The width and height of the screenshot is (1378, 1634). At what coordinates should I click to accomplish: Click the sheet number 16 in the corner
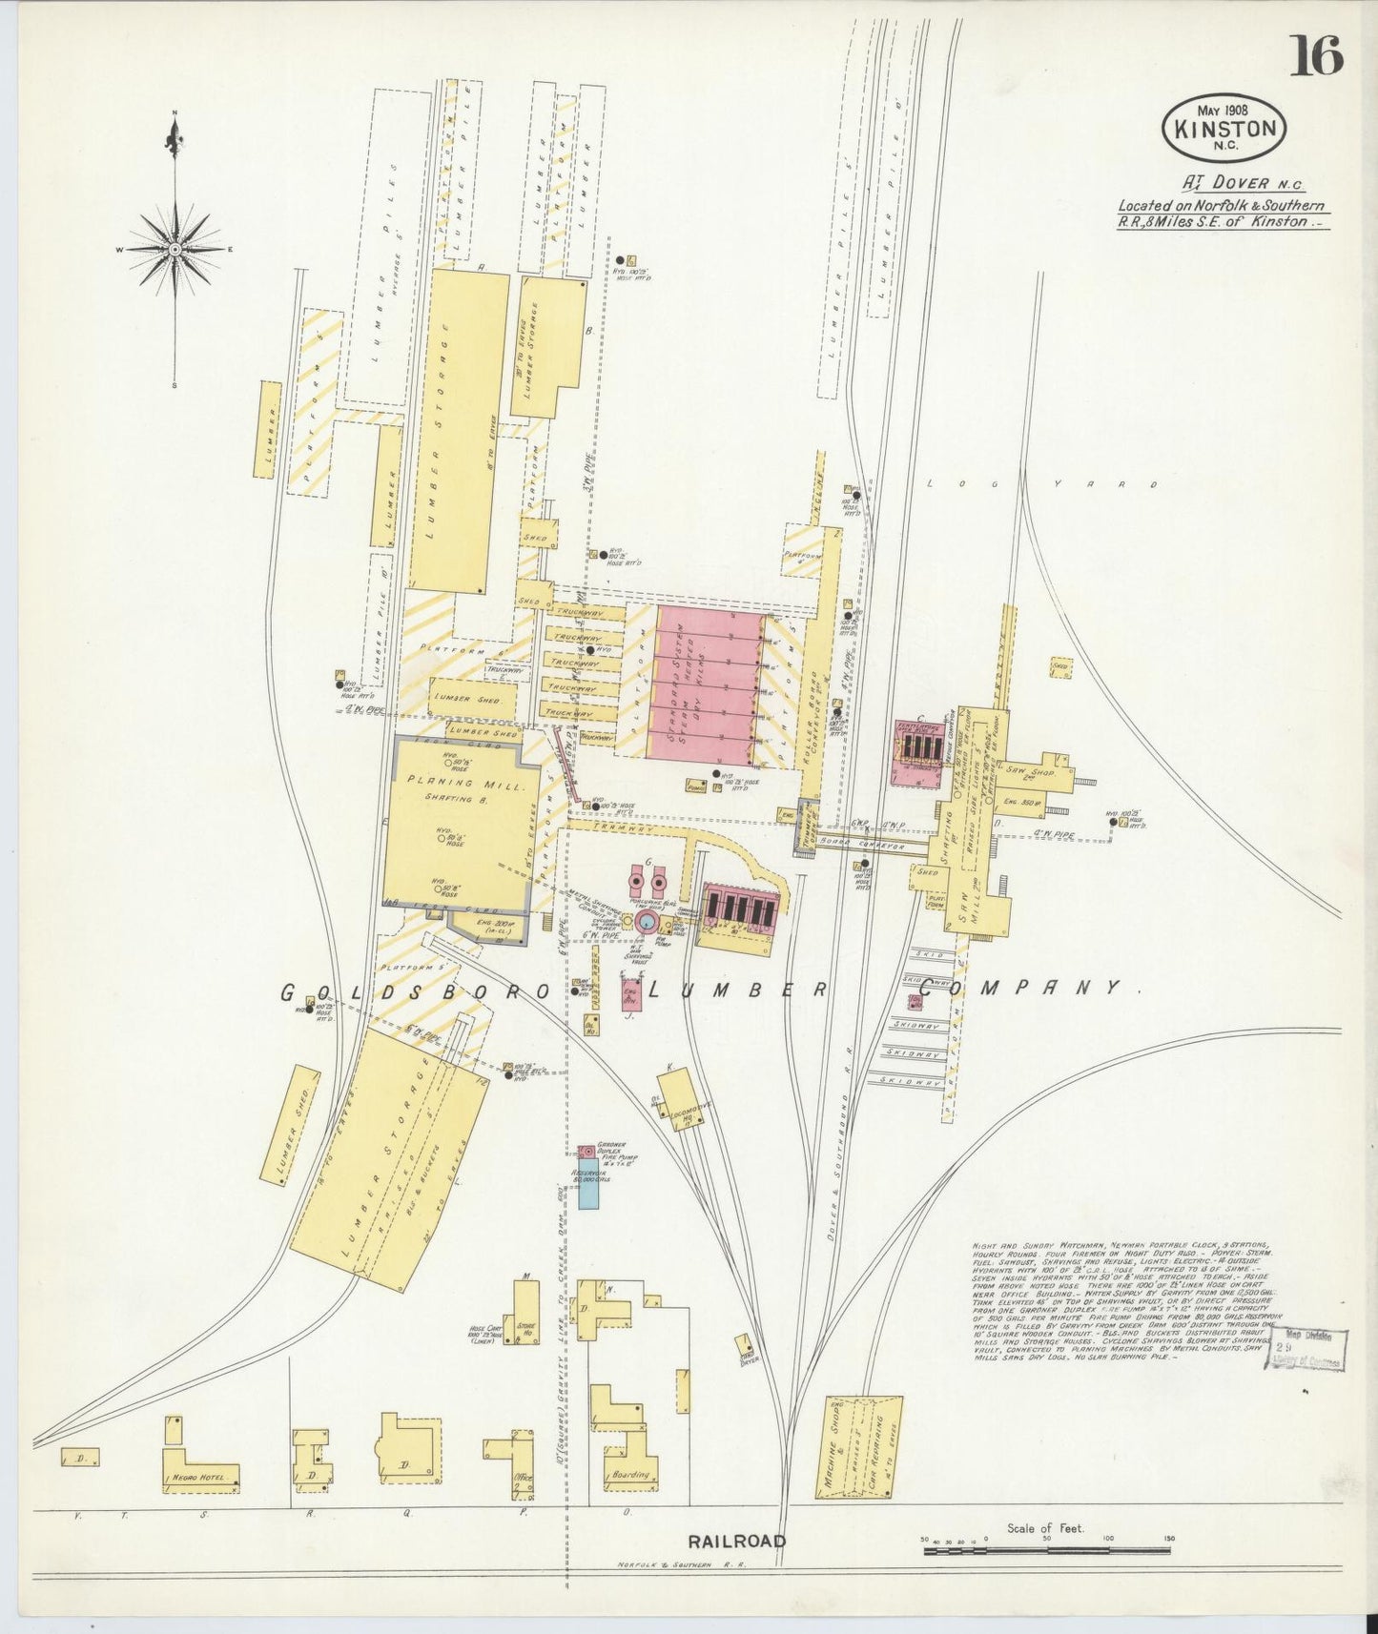click(1316, 54)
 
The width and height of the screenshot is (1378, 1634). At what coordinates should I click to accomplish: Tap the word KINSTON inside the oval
click(1224, 129)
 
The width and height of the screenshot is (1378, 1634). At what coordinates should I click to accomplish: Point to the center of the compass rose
click(175, 249)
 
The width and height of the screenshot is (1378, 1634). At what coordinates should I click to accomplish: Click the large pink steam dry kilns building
click(706, 683)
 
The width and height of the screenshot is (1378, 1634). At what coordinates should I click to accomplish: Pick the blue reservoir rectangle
click(589, 1192)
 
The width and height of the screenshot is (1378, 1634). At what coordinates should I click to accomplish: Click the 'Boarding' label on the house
click(630, 1474)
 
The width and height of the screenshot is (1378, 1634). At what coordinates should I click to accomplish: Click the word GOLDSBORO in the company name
click(416, 992)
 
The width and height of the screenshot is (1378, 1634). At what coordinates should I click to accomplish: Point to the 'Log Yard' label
click(1044, 484)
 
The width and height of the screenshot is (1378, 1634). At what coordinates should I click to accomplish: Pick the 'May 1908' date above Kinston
click(1224, 106)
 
